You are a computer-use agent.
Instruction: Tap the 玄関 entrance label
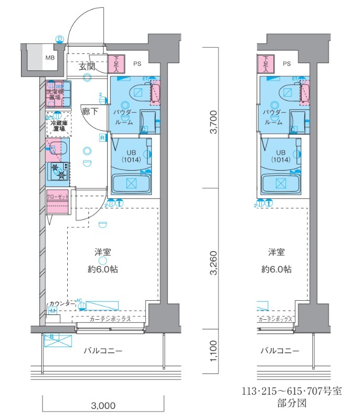[87, 67]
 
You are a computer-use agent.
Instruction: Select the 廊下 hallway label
[88, 111]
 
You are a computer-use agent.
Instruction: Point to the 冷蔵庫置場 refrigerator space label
[58, 125]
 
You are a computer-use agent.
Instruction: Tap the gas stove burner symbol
[59, 172]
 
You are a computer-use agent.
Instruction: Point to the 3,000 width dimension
[103, 405]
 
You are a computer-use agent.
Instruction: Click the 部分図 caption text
[291, 404]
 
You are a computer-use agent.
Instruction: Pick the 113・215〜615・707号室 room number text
[292, 391]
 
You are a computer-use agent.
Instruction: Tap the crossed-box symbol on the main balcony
[58, 341]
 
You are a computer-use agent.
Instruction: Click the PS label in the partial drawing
[286, 64]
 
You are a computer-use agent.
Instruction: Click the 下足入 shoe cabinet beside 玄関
[117, 64]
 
